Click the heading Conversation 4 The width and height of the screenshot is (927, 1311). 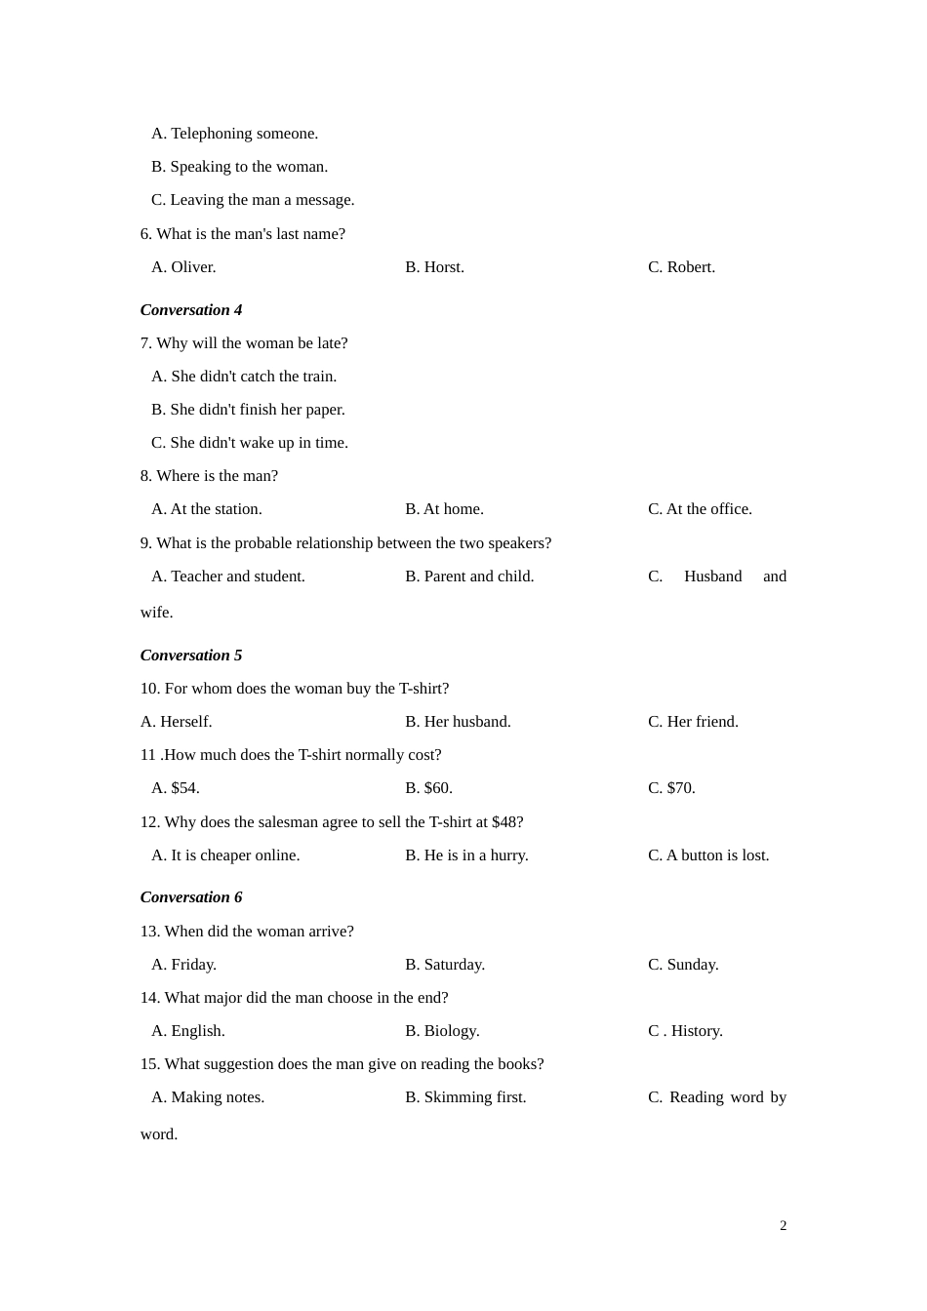click(x=191, y=310)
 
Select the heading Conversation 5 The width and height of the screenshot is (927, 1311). click(x=191, y=655)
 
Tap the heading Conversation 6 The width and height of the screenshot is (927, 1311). click(x=191, y=897)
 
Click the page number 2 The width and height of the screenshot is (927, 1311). click(x=783, y=1226)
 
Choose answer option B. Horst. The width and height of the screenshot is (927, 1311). click(x=434, y=267)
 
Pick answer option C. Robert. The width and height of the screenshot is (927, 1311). click(x=681, y=267)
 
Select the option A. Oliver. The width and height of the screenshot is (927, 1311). click(x=183, y=267)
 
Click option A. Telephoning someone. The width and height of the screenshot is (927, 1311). click(x=234, y=134)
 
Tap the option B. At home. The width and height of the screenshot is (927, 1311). click(x=444, y=509)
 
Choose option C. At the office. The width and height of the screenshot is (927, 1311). click(x=700, y=509)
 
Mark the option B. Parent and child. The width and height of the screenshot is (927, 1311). click(x=469, y=576)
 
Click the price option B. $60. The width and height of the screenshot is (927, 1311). click(x=428, y=788)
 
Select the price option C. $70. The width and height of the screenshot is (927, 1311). click(x=671, y=788)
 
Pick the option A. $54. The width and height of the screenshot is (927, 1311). click(x=176, y=788)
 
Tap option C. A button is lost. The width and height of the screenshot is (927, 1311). click(x=708, y=855)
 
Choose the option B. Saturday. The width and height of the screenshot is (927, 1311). click(x=445, y=965)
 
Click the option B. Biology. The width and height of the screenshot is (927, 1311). click(x=442, y=1031)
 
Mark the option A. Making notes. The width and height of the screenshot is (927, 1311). click(x=208, y=1097)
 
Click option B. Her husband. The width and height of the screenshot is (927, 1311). click(x=458, y=722)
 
